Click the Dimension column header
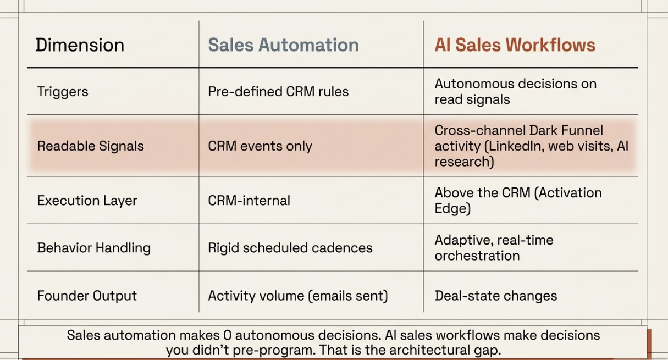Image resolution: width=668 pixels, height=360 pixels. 80,45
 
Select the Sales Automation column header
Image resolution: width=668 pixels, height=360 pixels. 283,45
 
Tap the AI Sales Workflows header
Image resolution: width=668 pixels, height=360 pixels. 515,45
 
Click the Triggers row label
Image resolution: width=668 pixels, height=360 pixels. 63,91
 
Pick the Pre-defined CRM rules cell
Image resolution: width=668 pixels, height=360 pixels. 278,91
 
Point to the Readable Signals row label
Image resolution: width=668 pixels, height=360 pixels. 90,146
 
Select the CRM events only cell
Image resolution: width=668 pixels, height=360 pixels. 260,146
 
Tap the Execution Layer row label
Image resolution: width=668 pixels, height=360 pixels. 87,200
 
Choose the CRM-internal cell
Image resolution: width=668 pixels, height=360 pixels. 249,200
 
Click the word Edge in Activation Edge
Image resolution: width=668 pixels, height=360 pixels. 452,208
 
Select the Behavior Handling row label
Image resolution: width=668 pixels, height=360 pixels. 93,248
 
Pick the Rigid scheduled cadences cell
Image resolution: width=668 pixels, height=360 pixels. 290,248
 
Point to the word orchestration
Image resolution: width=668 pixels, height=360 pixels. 477,256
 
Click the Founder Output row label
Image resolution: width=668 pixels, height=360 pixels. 87,296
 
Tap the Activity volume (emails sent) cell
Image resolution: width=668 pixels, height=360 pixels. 298,296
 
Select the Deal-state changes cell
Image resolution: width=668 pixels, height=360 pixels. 495,296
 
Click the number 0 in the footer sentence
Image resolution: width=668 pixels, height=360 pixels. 227,335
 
